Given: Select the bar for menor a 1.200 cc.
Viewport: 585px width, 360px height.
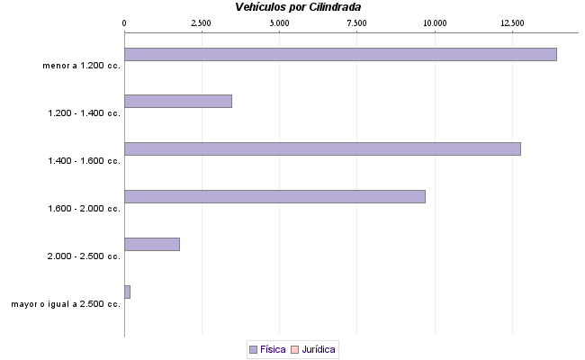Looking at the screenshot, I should (x=340, y=54).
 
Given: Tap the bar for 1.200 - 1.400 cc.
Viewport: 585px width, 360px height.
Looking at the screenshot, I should (x=178, y=101).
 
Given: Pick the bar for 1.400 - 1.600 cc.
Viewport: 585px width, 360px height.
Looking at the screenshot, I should (x=322, y=148).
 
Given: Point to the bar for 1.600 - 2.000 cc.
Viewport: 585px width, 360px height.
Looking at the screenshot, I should (x=274, y=196).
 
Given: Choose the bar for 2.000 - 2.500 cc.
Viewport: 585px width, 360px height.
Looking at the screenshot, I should (x=152, y=244).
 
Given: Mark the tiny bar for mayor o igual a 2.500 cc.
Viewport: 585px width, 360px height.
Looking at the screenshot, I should (x=127, y=292).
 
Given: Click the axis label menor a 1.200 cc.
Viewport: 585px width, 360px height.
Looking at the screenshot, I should (x=81, y=65).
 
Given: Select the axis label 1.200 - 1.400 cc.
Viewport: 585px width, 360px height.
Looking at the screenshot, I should (x=84, y=112).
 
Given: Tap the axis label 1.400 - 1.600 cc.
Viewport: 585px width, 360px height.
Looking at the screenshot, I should (x=84, y=160).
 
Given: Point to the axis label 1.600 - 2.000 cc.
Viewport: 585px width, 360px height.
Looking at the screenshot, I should (x=84, y=208).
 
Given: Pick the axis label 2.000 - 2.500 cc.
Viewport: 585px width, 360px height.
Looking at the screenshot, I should (x=84, y=256).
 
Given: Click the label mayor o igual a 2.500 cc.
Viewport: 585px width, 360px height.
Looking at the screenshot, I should (x=66, y=304).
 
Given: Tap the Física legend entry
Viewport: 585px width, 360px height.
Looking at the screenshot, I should (x=267, y=348).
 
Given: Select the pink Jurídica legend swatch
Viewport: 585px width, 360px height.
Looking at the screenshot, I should (x=295, y=348).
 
